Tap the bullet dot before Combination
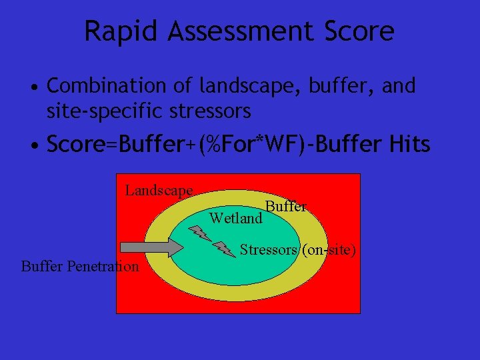coord(33,87)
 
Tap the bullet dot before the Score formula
coord(33,145)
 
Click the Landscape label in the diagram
coord(159,191)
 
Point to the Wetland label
coord(235,218)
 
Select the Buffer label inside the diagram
coord(285,207)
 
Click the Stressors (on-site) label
coord(297,250)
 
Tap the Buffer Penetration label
coord(80,267)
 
